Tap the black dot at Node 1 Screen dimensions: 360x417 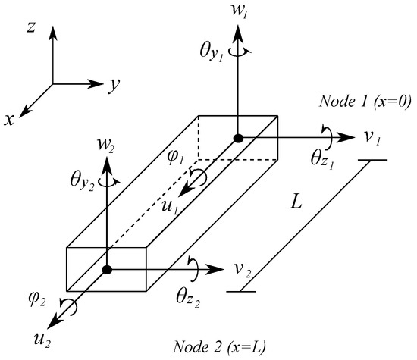pos(238,138)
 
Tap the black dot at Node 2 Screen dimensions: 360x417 pos(108,269)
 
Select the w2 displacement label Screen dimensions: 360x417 pos(107,144)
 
